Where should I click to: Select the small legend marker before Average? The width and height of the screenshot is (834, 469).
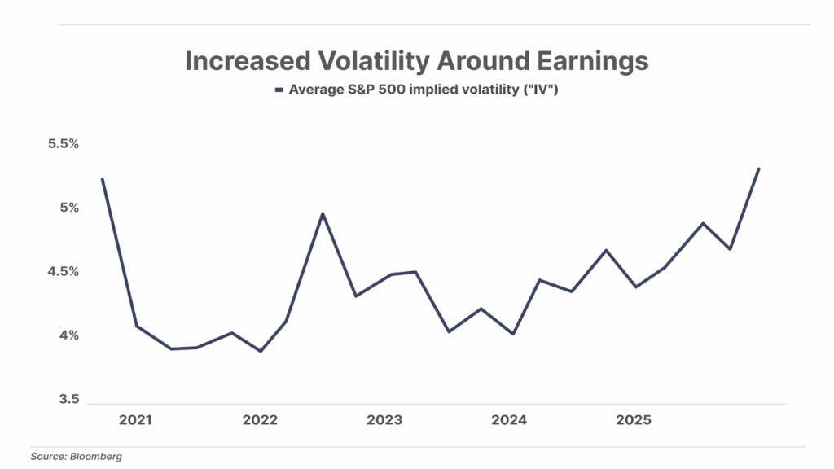(x=279, y=90)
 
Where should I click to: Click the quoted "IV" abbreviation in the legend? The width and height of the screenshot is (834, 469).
(x=542, y=90)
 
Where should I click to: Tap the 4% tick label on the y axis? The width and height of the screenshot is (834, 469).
(x=68, y=335)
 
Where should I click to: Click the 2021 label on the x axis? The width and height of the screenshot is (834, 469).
(x=135, y=420)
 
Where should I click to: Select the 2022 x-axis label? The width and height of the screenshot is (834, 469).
(x=260, y=420)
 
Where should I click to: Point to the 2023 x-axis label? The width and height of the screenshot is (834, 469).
(x=384, y=420)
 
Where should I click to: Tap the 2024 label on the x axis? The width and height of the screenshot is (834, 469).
(x=508, y=420)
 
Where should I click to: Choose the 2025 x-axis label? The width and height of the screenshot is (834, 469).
(x=633, y=420)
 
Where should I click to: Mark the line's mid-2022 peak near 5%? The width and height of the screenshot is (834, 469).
(x=323, y=213)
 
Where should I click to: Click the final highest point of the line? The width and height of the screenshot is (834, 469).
(x=759, y=169)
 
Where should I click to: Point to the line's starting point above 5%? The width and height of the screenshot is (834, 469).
(x=102, y=178)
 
